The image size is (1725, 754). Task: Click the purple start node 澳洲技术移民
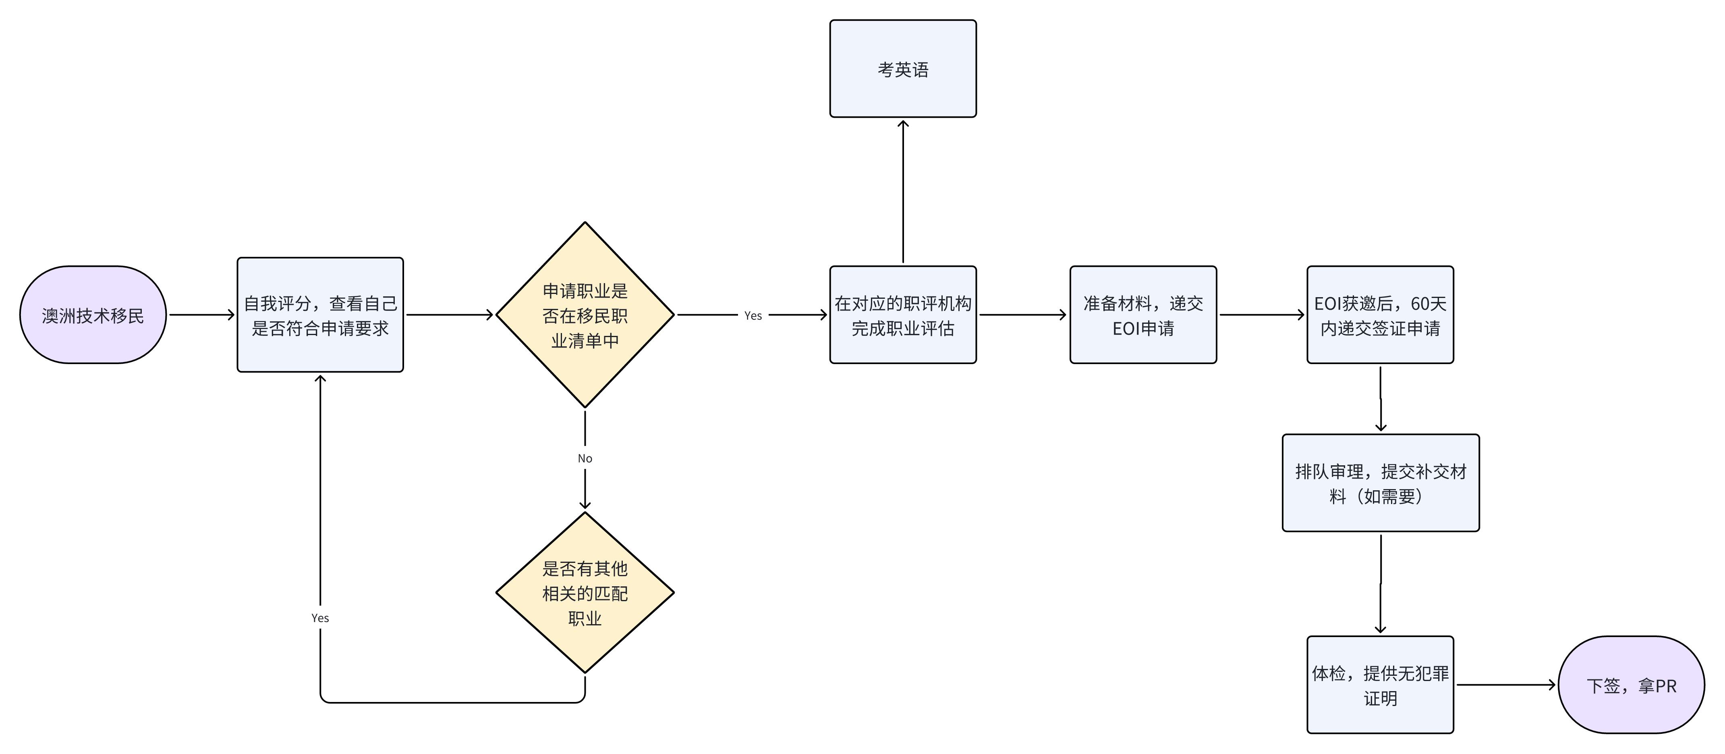[92, 315]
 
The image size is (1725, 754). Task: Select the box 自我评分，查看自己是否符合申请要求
[320, 315]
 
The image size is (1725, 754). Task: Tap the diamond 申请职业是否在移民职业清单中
[585, 315]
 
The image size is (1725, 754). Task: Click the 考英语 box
[903, 69]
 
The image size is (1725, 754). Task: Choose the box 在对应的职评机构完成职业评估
[903, 315]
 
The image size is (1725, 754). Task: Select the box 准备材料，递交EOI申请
[1142, 315]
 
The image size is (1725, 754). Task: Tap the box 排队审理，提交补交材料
[1380, 483]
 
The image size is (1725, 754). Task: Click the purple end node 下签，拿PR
[1631, 685]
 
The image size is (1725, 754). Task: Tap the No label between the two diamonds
[585, 458]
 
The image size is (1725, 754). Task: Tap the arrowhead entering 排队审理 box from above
[1380, 427]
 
